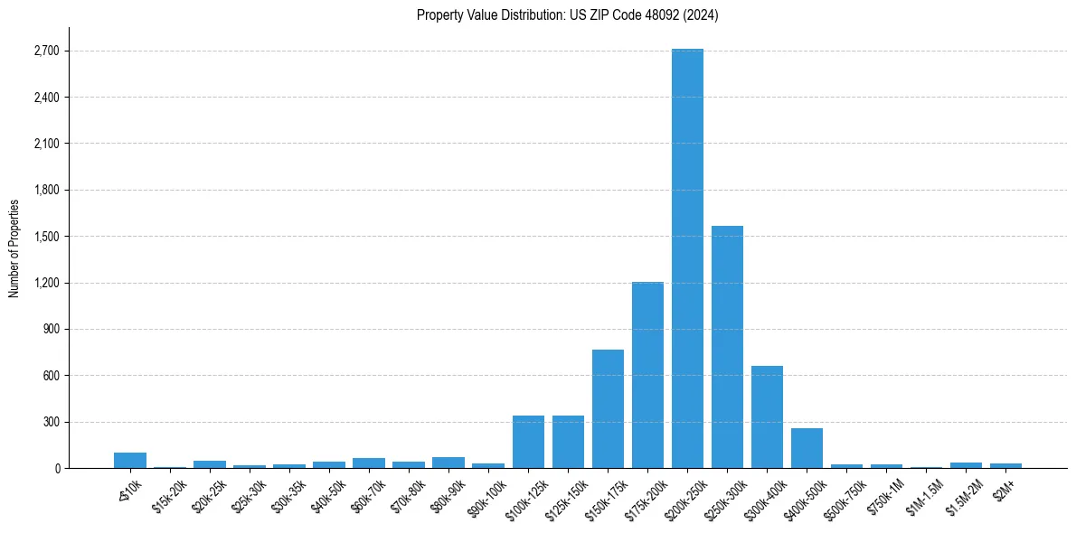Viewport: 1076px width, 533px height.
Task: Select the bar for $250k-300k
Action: click(x=727, y=347)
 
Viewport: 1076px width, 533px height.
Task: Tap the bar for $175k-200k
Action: click(x=647, y=375)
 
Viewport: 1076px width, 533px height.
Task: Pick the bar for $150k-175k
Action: click(x=608, y=408)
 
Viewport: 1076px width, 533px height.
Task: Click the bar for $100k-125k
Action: click(x=528, y=442)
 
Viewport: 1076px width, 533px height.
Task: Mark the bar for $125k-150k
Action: click(x=568, y=442)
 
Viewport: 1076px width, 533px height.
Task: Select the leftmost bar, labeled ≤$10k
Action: click(x=130, y=460)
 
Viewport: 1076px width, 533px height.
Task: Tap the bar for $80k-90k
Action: click(x=448, y=463)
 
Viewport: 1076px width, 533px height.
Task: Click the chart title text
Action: click(x=567, y=15)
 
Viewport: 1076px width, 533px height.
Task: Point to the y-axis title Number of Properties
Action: click(x=14, y=248)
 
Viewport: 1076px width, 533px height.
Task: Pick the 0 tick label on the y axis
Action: click(x=56, y=468)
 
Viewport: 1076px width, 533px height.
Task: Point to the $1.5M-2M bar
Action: click(x=966, y=464)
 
